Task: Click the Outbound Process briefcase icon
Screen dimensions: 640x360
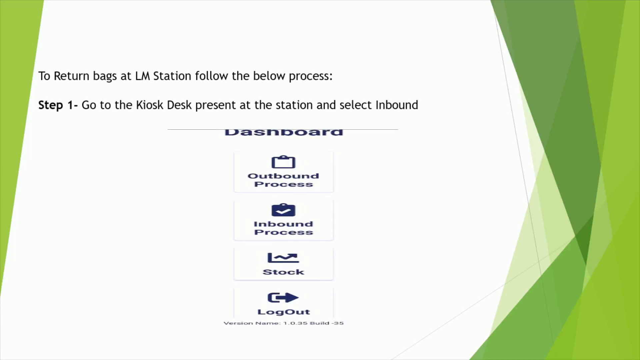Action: coord(283,162)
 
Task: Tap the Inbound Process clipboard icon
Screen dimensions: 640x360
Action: coord(283,210)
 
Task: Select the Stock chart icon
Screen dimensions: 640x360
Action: coord(283,258)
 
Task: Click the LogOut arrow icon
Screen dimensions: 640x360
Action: coord(283,297)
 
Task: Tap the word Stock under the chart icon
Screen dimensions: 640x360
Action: coord(283,272)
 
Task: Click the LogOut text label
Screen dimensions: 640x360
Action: coord(284,312)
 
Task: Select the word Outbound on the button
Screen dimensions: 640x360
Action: coord(283,176)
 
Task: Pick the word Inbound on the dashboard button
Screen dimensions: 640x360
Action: coord(283,224)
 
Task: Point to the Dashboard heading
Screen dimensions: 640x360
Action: coord(284,132)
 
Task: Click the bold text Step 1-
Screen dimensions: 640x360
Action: coord(58,105)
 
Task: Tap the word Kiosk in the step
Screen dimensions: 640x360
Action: coord(150,105)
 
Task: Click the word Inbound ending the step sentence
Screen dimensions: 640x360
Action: coord(397,105)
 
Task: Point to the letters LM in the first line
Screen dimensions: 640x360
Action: coord(142,76)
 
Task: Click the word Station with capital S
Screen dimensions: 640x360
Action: coord(172,76)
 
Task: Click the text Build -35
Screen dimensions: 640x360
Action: coord(327,323)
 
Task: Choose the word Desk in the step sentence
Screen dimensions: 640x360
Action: coord(179,105)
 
